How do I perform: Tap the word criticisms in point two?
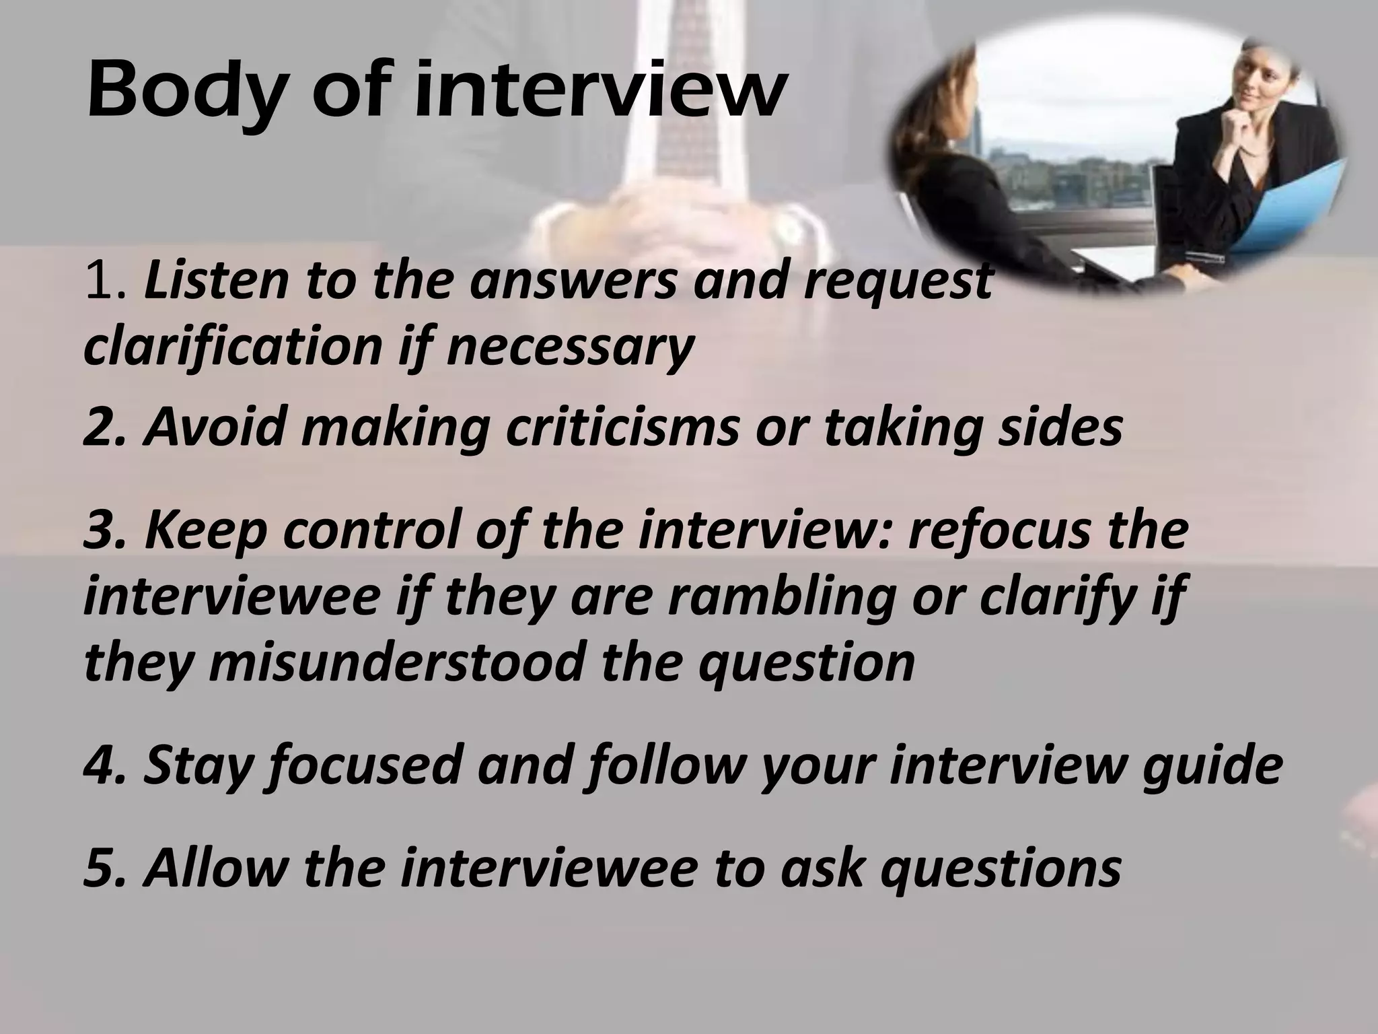coord(622,427)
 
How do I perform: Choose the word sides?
coord(1060,427)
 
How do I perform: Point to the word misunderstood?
coord(398,662)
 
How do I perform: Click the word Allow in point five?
coord(215,868)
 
